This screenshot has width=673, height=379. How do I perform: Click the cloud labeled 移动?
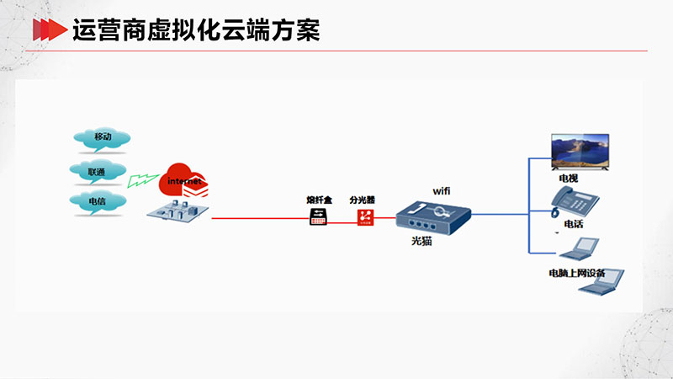[x=102, y=139]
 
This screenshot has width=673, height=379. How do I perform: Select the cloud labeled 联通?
[x=98, y=172]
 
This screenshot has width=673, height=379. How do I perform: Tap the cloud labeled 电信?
[x=98, y=201]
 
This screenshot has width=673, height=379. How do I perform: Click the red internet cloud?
[x=182, y=179]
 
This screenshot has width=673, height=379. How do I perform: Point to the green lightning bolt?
[x=142, y=180]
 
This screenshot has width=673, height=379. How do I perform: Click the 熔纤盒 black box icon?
[x=318, y=216]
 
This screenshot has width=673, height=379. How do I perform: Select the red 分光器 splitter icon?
[x=366, y=217]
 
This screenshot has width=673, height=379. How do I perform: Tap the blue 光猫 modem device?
[x=433, y=217]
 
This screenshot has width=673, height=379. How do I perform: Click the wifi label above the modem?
[x=441, y=191]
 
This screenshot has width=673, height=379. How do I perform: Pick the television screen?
[x=580, y=152]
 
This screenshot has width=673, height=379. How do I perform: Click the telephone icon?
[x=575, y=201]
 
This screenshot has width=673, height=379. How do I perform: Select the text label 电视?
[x=569, y=179]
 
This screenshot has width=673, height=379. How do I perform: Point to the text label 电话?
[x=574, y=224]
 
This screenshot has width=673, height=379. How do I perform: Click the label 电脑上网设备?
[x=577, y=273]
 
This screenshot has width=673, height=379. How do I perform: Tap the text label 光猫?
[x=421, y=241]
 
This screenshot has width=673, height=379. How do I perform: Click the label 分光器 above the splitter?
[x=363, y=200]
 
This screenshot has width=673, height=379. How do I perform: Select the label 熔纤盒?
[x=320, y=200]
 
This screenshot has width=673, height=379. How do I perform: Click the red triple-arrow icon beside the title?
[x=50, y=29]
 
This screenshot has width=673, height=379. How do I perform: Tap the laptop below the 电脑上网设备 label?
[x=601, y=282]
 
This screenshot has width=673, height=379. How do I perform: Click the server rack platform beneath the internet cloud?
[x=178, y=210]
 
